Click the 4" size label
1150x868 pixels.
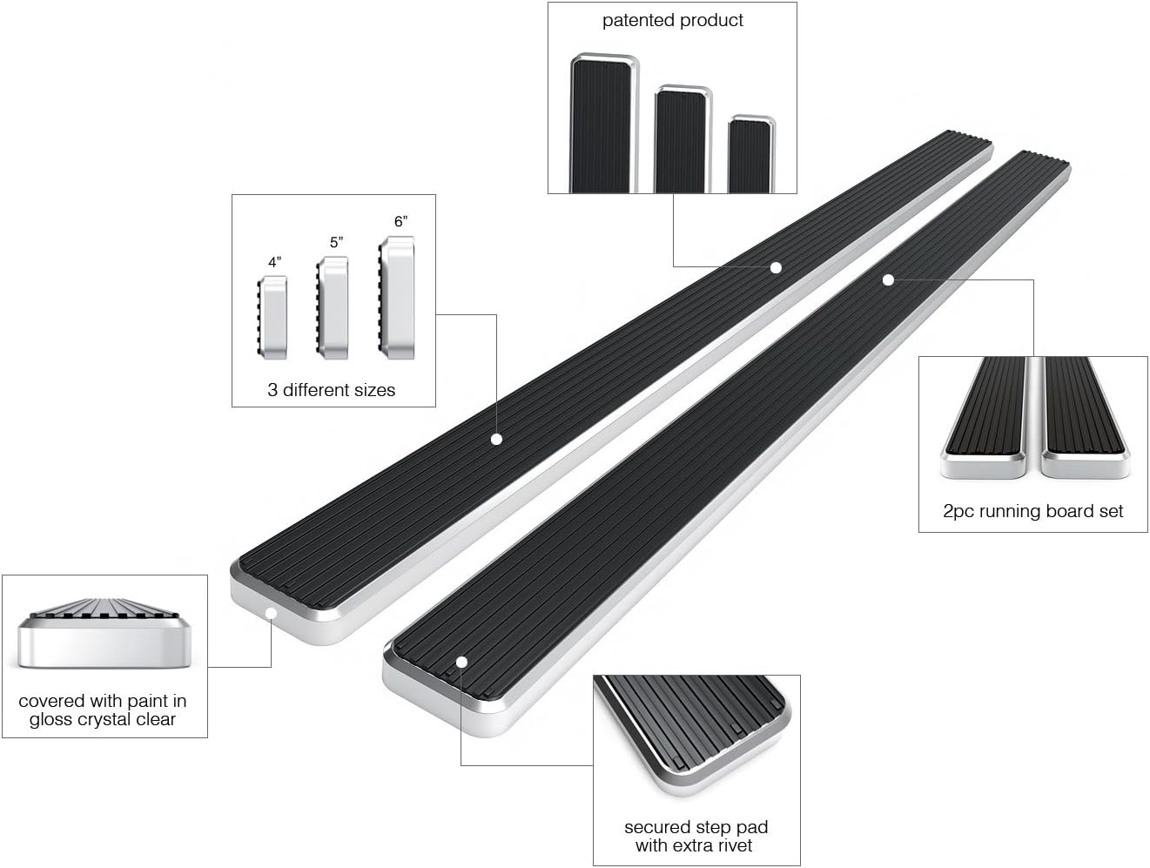coord(274,262)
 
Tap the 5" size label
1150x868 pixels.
coord(336,242)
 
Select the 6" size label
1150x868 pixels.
coord(400,222)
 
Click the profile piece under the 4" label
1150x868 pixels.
coord(272,318)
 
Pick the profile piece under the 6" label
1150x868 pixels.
coord(396,298)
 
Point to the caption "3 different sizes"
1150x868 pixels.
coord(331,390)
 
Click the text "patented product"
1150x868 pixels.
coord(672,20)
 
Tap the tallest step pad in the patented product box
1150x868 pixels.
coord(605,124)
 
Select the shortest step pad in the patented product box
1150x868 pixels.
coord(751,154)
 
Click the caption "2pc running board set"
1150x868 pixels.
coord(1032,511)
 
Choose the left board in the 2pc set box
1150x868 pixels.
coord(984,418)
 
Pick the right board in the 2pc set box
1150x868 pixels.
coord(1085,418)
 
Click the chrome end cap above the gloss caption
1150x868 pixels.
coord(104,633)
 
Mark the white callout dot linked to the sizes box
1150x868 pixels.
coord(496,439)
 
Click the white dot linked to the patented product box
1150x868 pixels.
coord(776,267)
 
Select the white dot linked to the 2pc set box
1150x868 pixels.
coord(888,280)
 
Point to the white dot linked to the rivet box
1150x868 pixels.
coord(461,663)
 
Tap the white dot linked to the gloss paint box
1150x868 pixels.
coord(271,614)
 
